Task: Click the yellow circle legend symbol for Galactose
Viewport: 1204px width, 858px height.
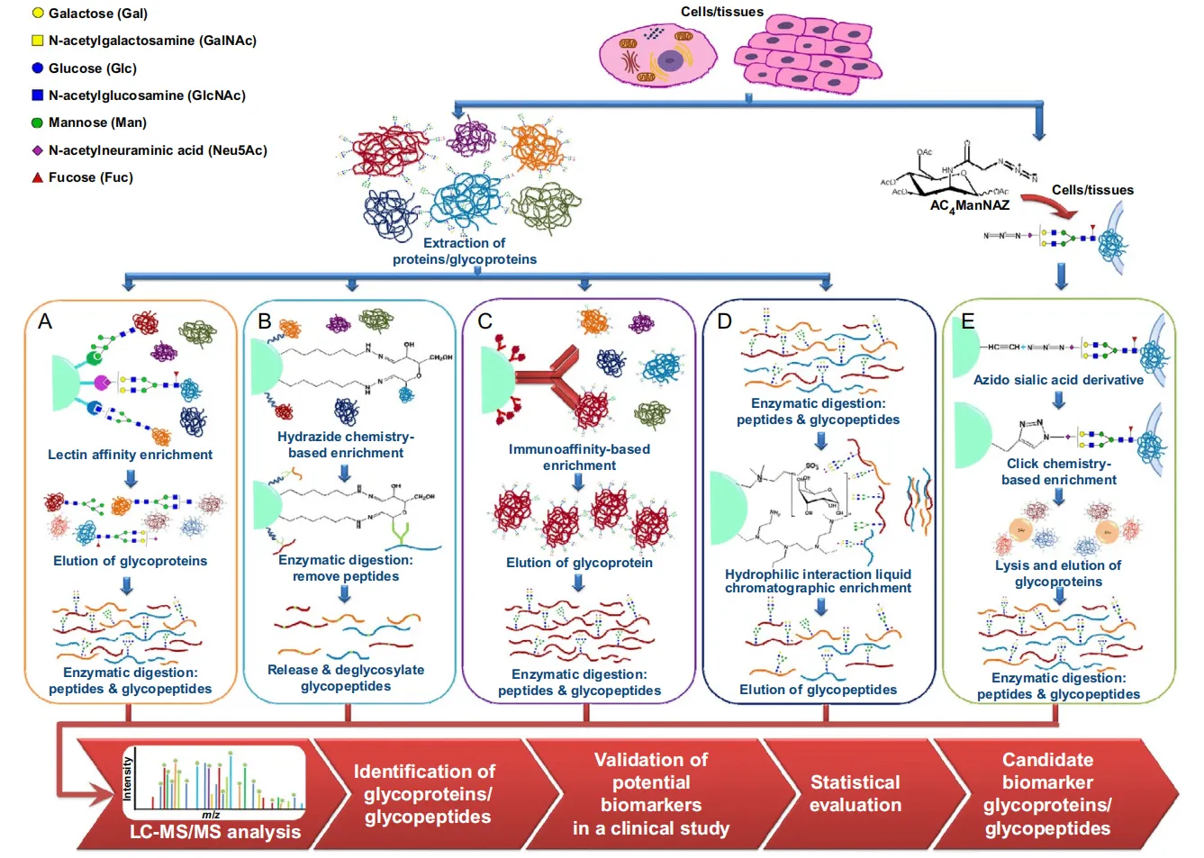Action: click(38, 14)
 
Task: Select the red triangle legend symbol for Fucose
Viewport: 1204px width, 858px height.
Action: click(38, 177)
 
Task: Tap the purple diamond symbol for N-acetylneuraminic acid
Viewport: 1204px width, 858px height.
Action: click(38, 150)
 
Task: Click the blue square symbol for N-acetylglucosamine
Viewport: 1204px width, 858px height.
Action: click(38, 95)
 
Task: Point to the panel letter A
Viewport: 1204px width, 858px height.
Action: click(45, 321)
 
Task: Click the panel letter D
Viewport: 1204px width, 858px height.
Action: click(724, 321)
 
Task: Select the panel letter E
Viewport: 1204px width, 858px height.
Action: click(968, 321)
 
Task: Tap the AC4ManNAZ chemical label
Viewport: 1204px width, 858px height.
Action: click(969, 206)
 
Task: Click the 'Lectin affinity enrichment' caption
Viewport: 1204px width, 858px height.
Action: click(130, 455)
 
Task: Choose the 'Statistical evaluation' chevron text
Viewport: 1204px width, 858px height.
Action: click(855, 793)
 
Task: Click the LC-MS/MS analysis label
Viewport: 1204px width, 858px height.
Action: click(215, 832)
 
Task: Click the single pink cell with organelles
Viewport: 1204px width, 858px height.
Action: click(658, 56)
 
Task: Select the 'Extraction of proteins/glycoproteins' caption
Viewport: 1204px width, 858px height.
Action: click(465, 251)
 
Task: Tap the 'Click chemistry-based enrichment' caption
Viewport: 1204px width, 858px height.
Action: click(1058, 472)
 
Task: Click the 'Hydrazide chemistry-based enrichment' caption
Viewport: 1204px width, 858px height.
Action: click(346, 445)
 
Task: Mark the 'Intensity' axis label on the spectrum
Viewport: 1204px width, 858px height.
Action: click(128, 779)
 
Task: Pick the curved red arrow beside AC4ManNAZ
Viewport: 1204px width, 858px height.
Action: click(1053, 207)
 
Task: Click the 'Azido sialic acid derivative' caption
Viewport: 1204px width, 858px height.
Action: click(1058, 380)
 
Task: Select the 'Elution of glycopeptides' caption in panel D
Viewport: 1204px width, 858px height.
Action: click(818, 690)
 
